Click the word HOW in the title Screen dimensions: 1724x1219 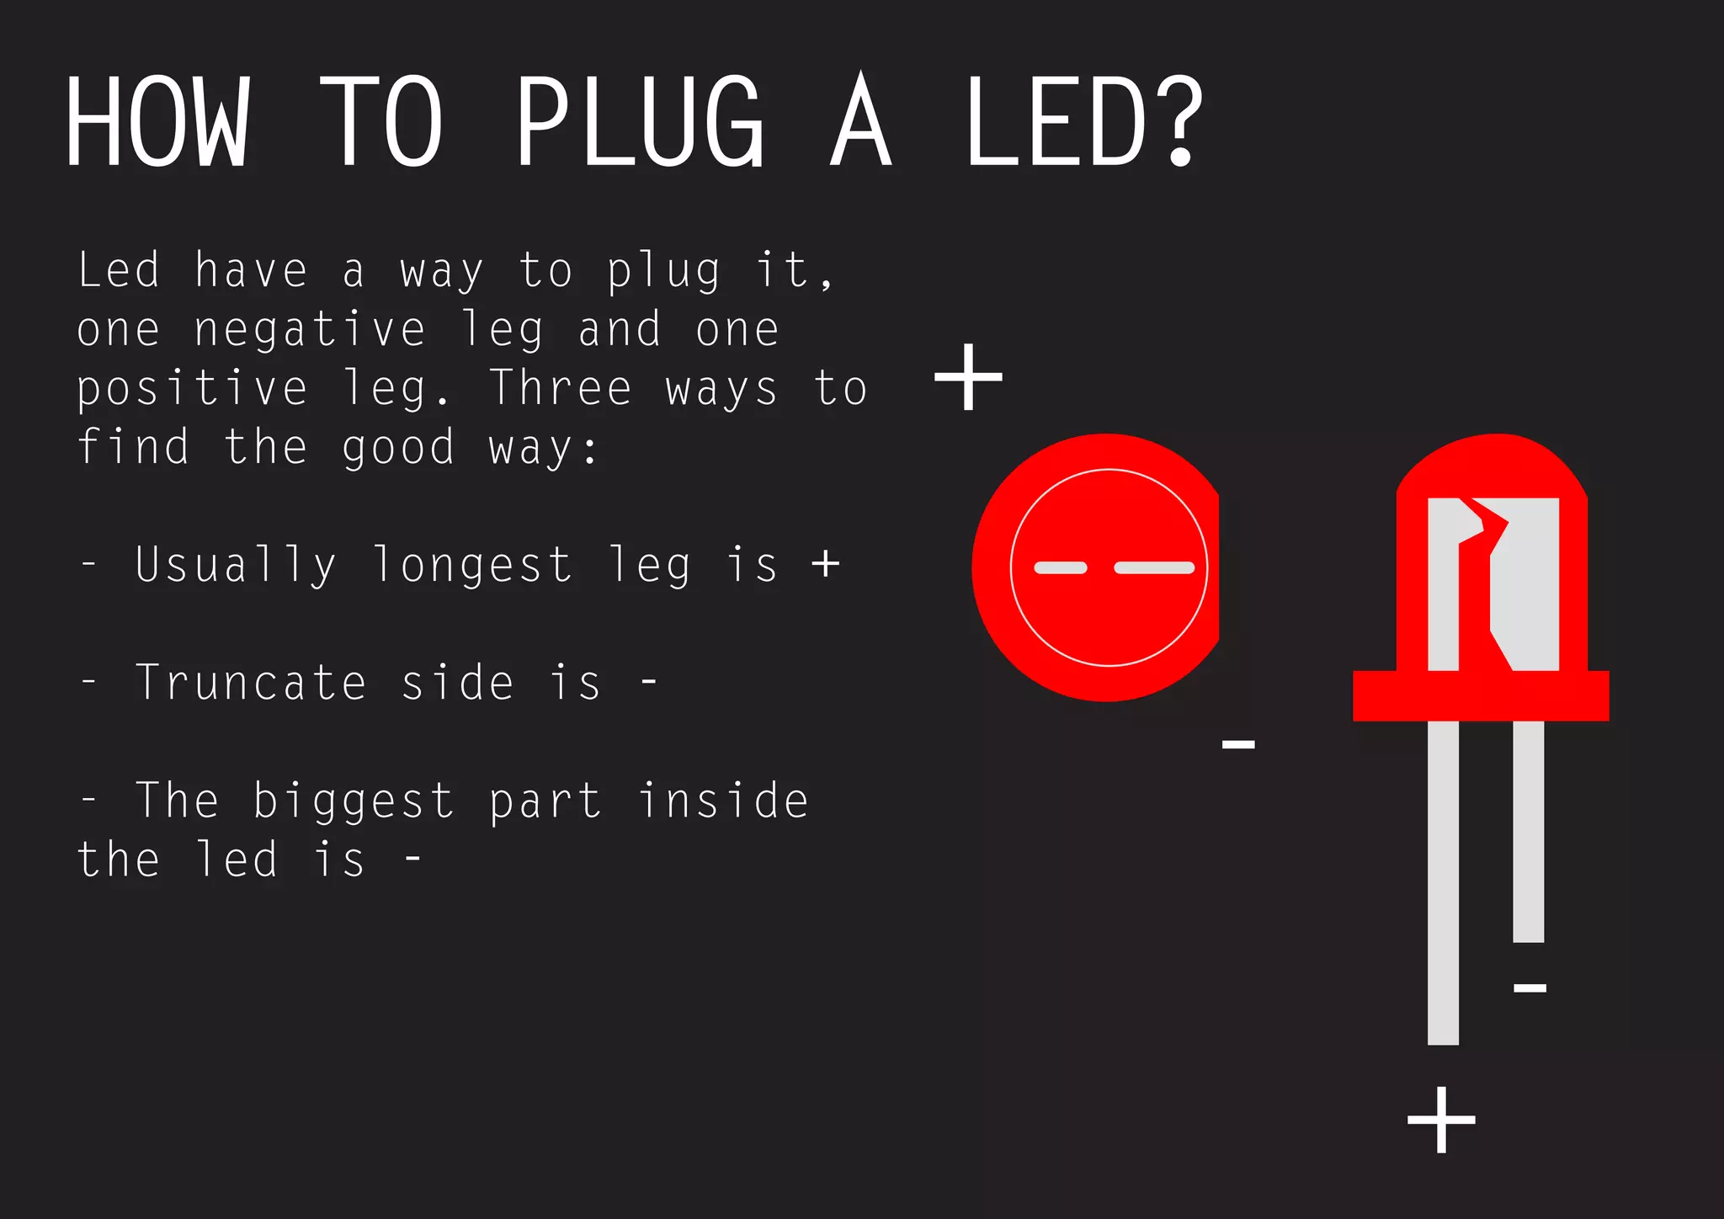(x=158, y=122)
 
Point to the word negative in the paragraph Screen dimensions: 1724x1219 (x=310, y=330)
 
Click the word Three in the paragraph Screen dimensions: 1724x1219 (x=561, y=388)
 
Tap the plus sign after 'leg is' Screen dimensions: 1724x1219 (x=826, y=563)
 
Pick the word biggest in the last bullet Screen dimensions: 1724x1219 (x=354, y=801)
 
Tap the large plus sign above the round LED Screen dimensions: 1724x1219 (x=968, y=377)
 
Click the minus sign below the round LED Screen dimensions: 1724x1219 (x=1238, y=743)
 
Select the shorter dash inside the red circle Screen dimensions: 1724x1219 (x=1061, y=568)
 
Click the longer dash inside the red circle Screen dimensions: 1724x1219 (x=1154, y=568)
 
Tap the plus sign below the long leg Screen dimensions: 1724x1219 (x=1441, y=1120)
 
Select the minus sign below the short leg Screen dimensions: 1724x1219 (x=1530, y=987)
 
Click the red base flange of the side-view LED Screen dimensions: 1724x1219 (x=1481, y=696)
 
